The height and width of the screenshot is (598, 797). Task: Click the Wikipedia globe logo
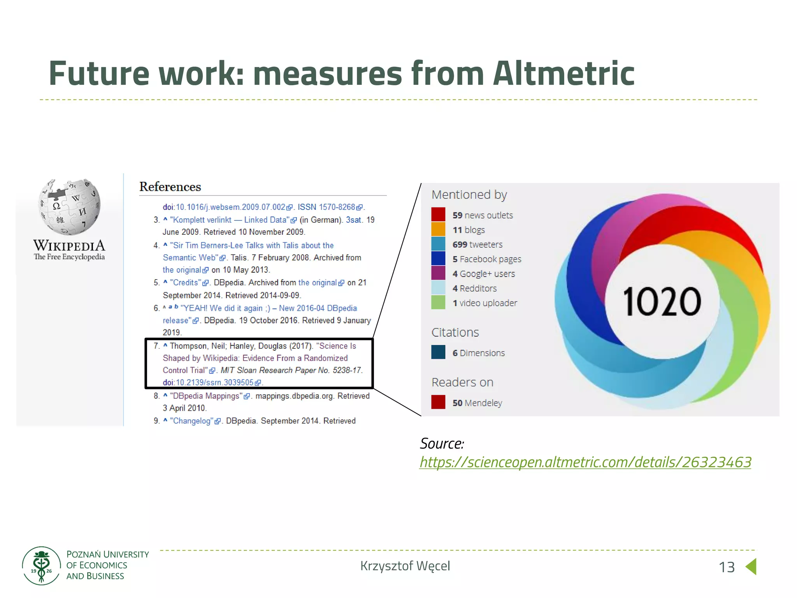[69, 207]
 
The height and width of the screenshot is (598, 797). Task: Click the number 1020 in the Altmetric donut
[662, 302]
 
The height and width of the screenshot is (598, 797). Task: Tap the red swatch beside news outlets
[438, 215]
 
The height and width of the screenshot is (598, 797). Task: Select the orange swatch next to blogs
[438, 229]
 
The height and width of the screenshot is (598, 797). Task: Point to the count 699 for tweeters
[460, 244]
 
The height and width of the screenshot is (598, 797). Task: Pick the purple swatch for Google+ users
[438, 273]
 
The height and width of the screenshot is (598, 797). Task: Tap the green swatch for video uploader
[438, 303]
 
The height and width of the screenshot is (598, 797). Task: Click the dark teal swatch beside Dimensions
[438, 352]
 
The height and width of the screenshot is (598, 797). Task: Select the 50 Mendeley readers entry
[477, 403]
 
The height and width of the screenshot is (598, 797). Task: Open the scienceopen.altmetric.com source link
[585, 462]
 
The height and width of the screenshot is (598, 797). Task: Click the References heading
[170, 187]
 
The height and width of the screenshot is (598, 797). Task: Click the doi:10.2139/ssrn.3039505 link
[212, 383]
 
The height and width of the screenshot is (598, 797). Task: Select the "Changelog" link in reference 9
[192, 421]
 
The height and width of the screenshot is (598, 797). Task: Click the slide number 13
[727, 567]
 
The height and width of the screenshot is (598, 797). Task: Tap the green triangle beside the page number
[751, 566]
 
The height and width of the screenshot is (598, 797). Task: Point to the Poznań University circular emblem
[41, 566]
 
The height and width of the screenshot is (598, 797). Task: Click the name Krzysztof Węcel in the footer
[405, 566]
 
